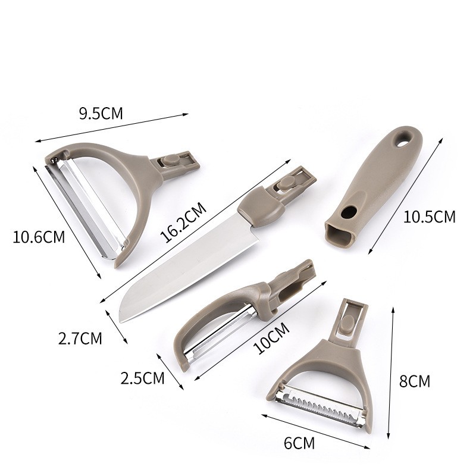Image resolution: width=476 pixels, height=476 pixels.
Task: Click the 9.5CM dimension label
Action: [x=101, y=113]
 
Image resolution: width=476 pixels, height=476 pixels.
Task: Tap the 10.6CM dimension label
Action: [x=39, y=237]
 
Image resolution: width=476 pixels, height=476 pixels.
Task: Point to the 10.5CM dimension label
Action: [x=429, y=217]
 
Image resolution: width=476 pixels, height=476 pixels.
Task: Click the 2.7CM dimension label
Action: [x=80, y=339]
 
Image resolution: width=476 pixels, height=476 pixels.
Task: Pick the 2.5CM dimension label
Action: [x=142, y=377]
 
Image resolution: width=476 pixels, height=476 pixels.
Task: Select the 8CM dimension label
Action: [x=414, y=381]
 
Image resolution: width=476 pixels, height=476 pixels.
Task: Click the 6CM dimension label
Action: [x=299, y=442]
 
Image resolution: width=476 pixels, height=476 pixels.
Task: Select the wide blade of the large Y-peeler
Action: [x=86, y=205]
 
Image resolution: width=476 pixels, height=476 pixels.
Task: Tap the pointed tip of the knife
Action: [x=122, y=321]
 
